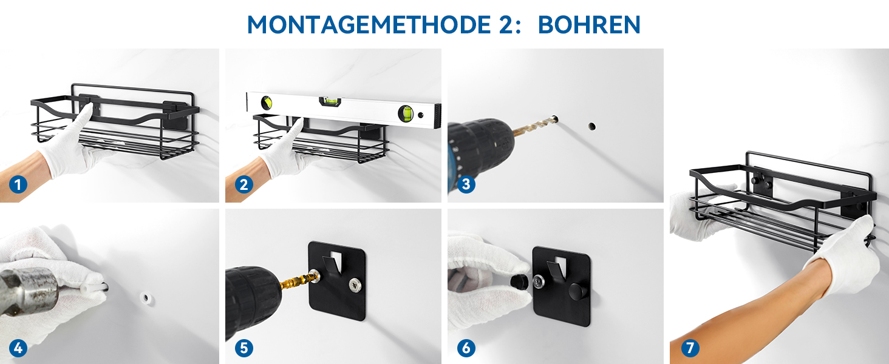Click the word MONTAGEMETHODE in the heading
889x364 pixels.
369,25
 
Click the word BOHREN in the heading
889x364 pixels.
589,25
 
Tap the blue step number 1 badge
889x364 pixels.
18,185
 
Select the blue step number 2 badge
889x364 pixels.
244,185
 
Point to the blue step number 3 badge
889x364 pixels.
466,184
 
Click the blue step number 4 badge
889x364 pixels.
18,348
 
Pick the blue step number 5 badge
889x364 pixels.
244,348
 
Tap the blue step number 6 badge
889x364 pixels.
466,348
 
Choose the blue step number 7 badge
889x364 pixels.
690,348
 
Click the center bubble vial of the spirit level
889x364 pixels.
330,101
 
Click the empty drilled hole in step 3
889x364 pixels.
591,126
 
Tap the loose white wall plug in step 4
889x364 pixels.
146,298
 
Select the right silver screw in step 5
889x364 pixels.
355,285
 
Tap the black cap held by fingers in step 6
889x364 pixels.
519,281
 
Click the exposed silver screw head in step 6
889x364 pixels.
539,282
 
